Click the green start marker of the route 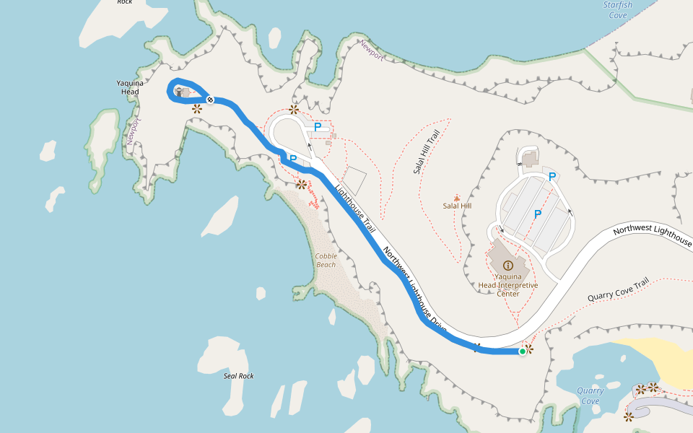click(522, 351)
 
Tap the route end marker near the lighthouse click(209, 100)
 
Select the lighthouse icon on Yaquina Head click(178, 92)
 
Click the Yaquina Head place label click(128, 87)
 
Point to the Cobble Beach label click(326, 261)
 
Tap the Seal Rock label click(238, 375)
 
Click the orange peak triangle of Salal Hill click(456, 197)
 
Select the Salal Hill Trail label click(427, 152)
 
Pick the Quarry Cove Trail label click(619, 291)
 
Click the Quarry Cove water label click(590, 395)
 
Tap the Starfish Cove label click(617, 9)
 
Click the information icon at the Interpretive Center click(507, 266)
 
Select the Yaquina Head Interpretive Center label click(507, 285)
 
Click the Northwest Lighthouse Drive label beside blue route click(414, 289)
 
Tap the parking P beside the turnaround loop click(317, 128)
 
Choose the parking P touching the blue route click(292, 158)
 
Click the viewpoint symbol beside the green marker click(529, 349)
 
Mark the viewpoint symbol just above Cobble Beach click(301, 184)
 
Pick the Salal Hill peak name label click(457, 206)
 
